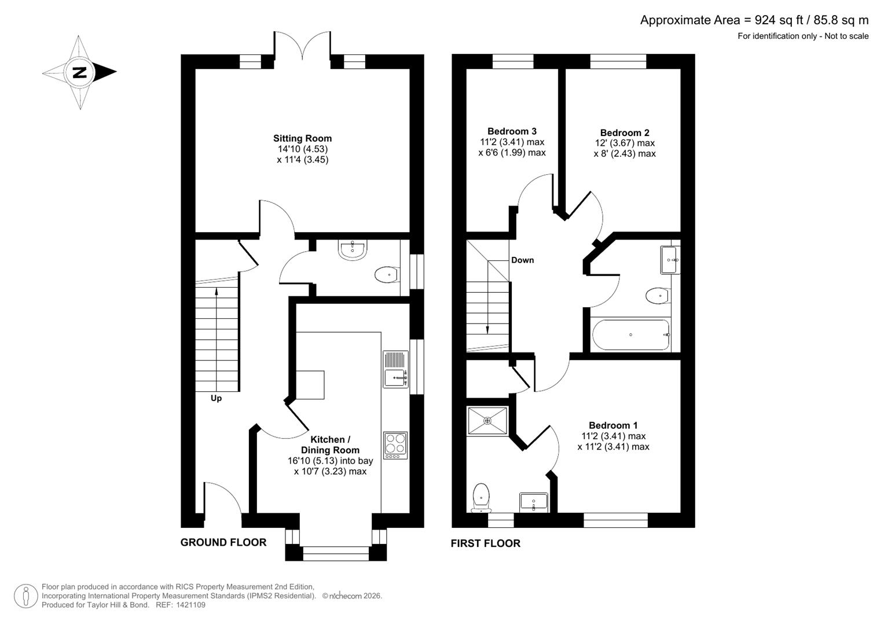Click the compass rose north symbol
(79, 72)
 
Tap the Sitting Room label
(302, 138)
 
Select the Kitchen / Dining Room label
(330, 444)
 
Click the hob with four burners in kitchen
(395, 445)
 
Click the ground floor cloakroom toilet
(386, 274)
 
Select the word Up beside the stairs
(216, 398)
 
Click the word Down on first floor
(522, 260)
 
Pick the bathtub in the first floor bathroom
(631, 335)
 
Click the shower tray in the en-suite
(487, 421)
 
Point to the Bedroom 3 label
(512, 131)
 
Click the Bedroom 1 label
(613, 425)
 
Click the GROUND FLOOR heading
(223, 542)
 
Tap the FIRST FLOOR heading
(485, 543)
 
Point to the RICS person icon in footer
(26, 596)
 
